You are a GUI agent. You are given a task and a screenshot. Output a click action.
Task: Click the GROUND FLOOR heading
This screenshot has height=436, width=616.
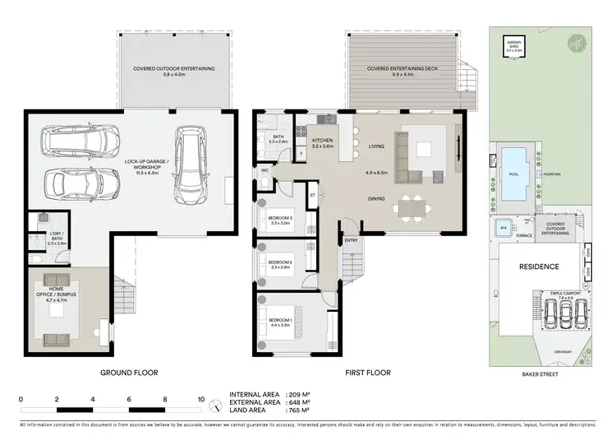click(128, 373)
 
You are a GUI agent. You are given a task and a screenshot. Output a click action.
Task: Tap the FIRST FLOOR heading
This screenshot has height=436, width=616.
click(368, 373)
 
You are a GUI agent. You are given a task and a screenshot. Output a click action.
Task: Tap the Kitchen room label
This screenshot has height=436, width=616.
click(323, 143)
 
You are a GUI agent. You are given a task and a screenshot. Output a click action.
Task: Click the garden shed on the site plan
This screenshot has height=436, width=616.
click(514, 48)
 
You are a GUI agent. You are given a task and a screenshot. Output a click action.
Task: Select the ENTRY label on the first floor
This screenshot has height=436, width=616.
click(352, 240)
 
